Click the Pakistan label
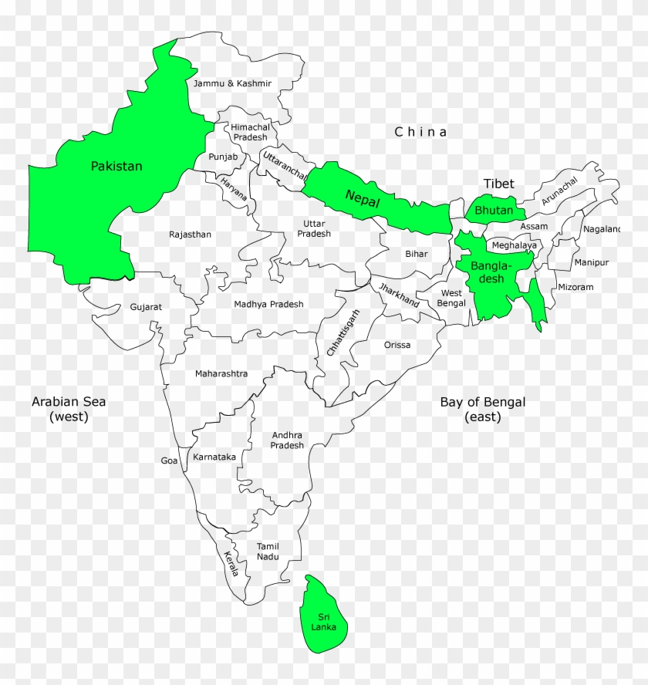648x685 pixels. [116, 166]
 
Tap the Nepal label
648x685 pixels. [363, 199]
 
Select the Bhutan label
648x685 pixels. [494, 210]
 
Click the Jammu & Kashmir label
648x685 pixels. [232, 83]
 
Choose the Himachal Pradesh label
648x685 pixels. [250, 132]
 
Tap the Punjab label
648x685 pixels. [221, 157]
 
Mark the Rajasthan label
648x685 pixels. [190, 235]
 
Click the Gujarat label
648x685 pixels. [146, 307]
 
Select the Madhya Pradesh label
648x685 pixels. [268, 304]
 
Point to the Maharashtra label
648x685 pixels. [221, 373]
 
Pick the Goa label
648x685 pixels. [169, 461]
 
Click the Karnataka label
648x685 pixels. [214, 457]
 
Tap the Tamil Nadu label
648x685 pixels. [268, 552]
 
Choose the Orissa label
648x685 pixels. [397, 345]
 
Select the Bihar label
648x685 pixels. [417, 253]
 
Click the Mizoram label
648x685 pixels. [575, 287]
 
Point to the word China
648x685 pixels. [420, 132]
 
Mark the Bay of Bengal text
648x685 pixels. [483, 409]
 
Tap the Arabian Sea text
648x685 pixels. [69, 409]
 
